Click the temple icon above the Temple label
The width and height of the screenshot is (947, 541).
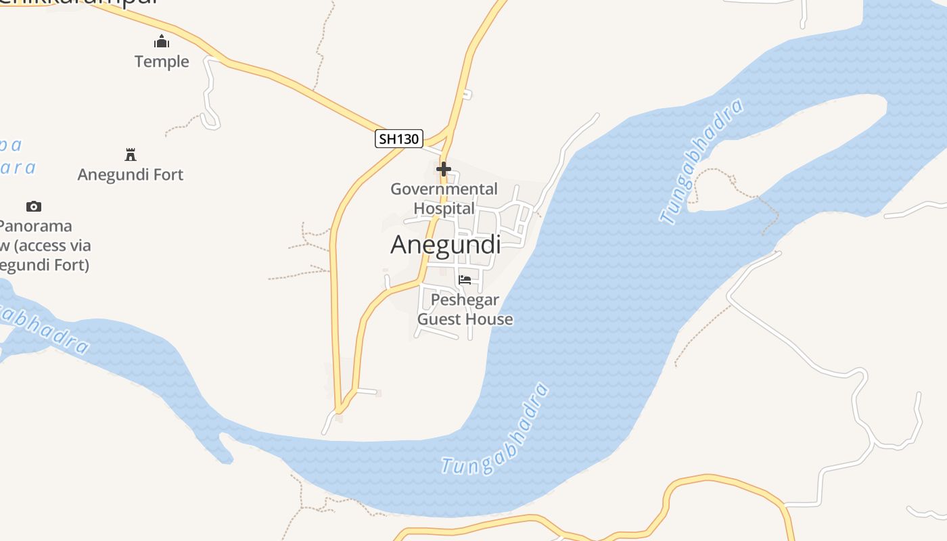point(162,42)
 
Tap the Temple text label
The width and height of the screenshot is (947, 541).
point(162,62)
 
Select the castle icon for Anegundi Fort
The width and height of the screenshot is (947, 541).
point(131,154)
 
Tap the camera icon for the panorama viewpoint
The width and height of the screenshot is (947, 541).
point(34,206)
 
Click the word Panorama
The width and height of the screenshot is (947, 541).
point(35,226)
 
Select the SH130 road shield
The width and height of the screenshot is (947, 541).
point(399,139)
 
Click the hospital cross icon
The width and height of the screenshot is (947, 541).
point(444,168)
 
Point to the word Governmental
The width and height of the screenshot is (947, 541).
point(444,189)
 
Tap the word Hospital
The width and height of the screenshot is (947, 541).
point(444,208)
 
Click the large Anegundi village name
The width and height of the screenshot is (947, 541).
point(445,245)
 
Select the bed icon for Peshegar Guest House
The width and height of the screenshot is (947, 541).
point(465,279)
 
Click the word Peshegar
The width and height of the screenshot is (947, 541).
point(465,300)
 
